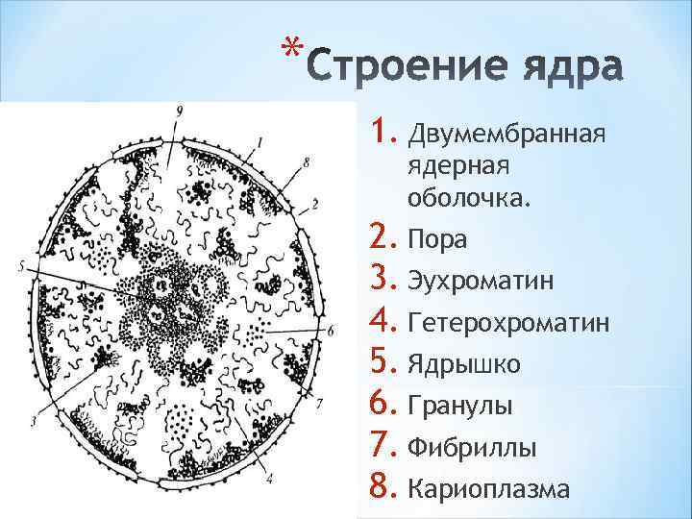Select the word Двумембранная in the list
point(507,131)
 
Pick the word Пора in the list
point(438,240)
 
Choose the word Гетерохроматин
point(508,323)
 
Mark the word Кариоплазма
point(488,489)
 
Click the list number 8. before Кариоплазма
point(383,487)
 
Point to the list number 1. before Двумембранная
point(383,129)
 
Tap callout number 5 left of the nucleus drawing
point(20,265)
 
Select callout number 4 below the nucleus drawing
point(270,478)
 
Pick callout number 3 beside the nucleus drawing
point(34,421)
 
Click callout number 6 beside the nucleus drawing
point(331,331)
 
